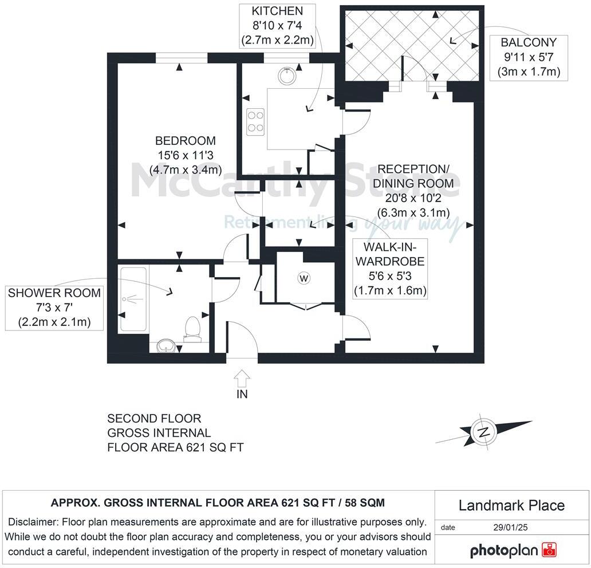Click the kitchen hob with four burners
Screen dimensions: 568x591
coord(255,122)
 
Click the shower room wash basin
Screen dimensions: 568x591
coord(166,345)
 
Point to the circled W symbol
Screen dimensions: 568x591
coord(304,278)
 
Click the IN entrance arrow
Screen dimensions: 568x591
coord(242,378)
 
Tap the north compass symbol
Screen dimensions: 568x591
coord(484,431)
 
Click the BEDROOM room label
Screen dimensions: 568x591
coord(186,141)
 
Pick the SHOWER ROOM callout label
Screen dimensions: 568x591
coord(54,307)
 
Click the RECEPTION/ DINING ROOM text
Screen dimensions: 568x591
coord(413,176)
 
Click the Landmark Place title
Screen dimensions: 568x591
coord(511,506)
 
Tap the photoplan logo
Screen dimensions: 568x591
coord(514,550)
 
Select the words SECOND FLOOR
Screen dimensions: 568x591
coord(154,419)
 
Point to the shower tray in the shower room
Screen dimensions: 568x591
coord(133,299)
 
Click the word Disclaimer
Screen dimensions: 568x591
coord(34,522)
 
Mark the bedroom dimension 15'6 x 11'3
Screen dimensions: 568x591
coord(186,155)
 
